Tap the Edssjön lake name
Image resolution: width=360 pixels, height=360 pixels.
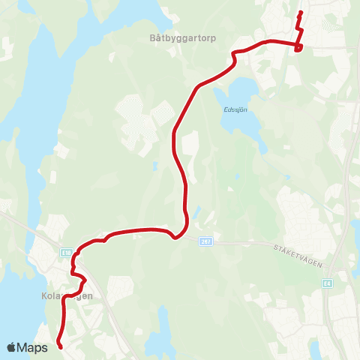point(235,107)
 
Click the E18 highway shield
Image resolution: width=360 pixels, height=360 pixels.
point(67,253)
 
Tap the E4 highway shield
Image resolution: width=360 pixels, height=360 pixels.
point(328,283)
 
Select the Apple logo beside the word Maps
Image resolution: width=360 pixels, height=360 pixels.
point(12,346)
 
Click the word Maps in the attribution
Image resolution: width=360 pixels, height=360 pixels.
point(33,347)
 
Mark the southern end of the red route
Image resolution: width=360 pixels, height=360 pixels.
point(60,346)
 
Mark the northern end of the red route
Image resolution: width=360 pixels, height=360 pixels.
point(300,13)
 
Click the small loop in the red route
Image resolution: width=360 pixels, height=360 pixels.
point(298,49)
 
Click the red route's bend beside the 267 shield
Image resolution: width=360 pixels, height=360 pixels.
point(175,238)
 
